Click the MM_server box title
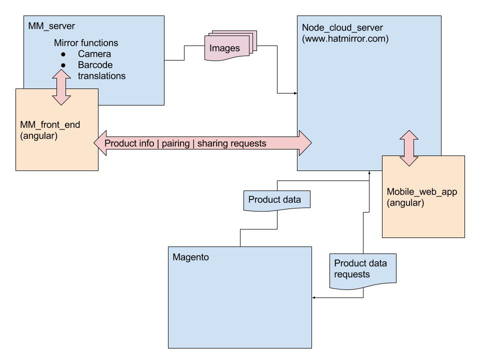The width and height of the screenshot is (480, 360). (x=50, y=25)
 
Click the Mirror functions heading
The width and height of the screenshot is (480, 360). (x=86, y=43)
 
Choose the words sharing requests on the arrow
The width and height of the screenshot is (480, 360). (x=231, y=143)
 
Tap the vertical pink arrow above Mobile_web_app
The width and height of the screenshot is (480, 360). (x=409, y=148)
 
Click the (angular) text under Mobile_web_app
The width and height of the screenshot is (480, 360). (x=405, y=203)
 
